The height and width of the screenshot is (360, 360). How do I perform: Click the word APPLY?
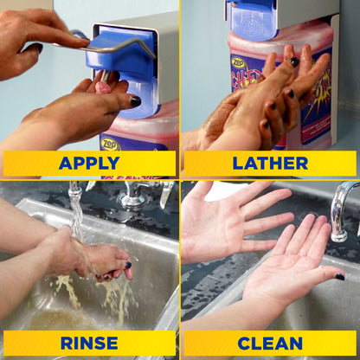[x=89, y=163]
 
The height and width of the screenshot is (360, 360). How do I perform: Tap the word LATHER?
[x=269, y=163]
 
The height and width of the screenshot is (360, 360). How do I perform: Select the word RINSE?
[x=89, y=343]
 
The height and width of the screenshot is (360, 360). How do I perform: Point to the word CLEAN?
[x=269, y=343]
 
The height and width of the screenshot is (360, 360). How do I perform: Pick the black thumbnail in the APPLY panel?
[x=135, y=101]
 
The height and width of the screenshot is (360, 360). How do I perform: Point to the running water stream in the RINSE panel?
[x=75, y=208]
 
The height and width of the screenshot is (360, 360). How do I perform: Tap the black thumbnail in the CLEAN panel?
[x=339, y=277]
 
